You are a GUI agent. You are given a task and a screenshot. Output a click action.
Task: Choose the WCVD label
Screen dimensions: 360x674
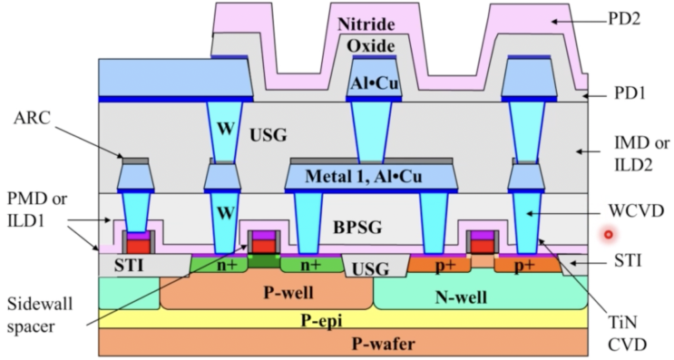click(x=635, y=211)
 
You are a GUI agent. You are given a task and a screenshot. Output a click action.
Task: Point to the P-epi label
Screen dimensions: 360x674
click(x=372, y=318)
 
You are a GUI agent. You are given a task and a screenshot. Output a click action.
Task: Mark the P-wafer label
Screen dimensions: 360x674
click(x=372, y=342)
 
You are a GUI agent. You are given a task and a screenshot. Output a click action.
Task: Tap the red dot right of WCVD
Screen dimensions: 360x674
click(x=609, y=234)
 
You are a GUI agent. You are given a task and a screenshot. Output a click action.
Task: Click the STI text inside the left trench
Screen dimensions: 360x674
click(x=128, y=266)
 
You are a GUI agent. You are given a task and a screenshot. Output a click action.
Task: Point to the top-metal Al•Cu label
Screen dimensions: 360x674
click(x=373, y=85)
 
